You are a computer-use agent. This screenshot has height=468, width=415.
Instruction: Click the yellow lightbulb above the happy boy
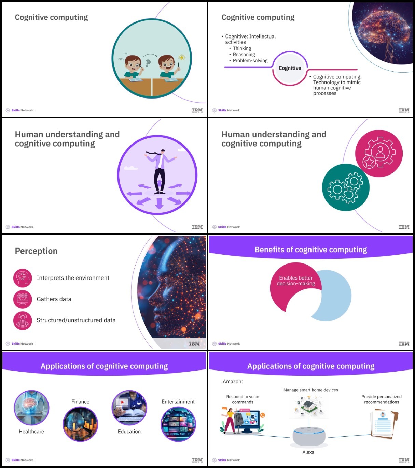(182, 57)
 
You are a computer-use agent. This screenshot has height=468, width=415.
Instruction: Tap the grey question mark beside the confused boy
(148, 63)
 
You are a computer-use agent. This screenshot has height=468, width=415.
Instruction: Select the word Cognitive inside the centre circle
(290, 68)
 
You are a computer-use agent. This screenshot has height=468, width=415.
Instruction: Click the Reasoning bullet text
(244, 55)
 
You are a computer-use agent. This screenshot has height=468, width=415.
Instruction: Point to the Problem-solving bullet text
(250, 61)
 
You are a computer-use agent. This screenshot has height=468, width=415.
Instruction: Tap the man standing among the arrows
(161, 171)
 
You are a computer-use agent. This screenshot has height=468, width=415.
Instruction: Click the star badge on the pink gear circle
(369, 162)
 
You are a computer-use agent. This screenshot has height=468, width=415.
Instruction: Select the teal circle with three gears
(346, 187)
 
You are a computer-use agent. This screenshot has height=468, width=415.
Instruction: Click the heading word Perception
(36, 251)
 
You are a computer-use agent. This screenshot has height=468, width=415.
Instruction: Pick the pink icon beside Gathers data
(23, 299)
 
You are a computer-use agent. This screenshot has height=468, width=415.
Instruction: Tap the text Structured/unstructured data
(76, 320)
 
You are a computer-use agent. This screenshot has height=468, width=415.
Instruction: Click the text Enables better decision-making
(296, 281)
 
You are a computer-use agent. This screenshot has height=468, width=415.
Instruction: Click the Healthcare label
(31, 432)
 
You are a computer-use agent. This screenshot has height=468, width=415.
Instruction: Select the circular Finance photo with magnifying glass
(80, 424)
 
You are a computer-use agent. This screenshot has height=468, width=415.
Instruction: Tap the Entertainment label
(178, 402)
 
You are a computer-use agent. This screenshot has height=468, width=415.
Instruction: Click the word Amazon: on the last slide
(233, 381)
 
